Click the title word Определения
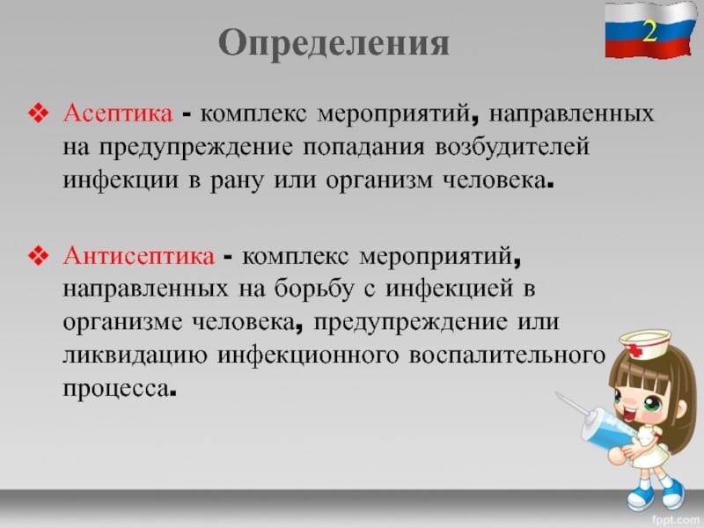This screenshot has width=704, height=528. pos(334,44)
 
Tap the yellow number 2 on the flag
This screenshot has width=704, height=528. pos(649,31)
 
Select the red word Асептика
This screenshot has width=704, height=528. pos(118,114)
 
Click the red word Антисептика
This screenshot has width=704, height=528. pos(139,256)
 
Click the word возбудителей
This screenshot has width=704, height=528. pos(512,146)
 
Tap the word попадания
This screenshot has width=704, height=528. pos(363,148)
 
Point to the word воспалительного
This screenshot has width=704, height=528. pos(508,356)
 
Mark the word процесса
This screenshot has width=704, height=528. pos(117,389)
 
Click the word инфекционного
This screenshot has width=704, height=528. pos(309,356)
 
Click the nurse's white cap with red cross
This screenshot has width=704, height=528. pos(644,343)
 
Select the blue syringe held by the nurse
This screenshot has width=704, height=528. pos(598,422)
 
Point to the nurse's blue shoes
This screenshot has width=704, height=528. pos(656,494)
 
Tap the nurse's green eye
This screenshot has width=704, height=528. pos(652,405)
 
